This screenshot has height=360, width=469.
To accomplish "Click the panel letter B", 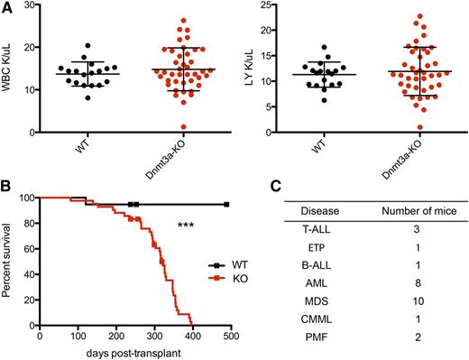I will [6, 189].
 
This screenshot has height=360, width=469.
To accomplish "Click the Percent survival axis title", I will [11, 261].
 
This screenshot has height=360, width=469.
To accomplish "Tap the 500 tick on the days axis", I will [231, 335].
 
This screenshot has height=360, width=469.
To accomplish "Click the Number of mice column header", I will [410, 214].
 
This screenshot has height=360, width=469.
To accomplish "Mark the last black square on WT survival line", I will [226, 205].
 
